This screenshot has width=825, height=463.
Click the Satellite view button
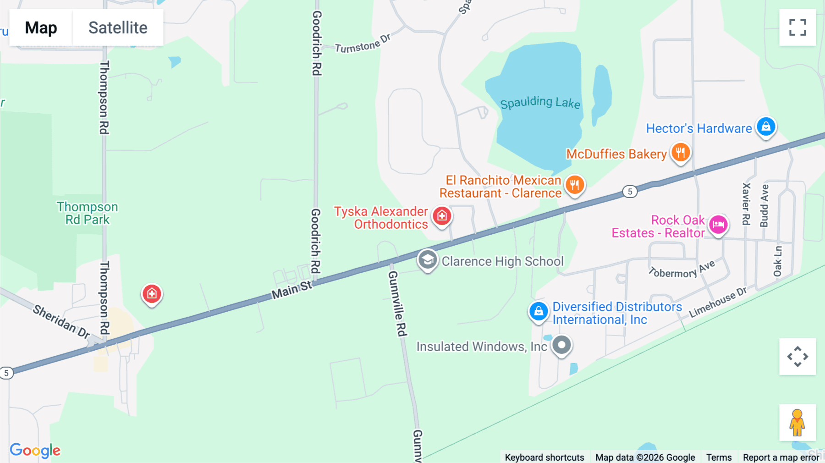118,28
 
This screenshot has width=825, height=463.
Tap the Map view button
41,28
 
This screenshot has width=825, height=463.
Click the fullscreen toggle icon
797,28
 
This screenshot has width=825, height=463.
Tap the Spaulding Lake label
540,103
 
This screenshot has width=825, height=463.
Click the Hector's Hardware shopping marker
766,126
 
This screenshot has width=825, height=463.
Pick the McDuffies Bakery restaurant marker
681,152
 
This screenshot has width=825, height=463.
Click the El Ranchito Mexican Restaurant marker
575,185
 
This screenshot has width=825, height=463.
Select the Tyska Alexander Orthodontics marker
442,215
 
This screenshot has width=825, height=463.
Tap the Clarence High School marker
427,260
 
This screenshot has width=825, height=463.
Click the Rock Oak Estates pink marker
718,225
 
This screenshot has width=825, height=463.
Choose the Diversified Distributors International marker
539,311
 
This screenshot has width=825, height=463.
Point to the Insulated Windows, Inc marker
561,345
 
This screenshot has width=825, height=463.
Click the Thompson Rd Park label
87,213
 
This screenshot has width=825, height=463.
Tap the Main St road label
291,291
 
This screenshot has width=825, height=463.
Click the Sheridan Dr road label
61,322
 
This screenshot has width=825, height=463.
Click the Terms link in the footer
719,457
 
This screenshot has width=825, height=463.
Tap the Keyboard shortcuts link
544,457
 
